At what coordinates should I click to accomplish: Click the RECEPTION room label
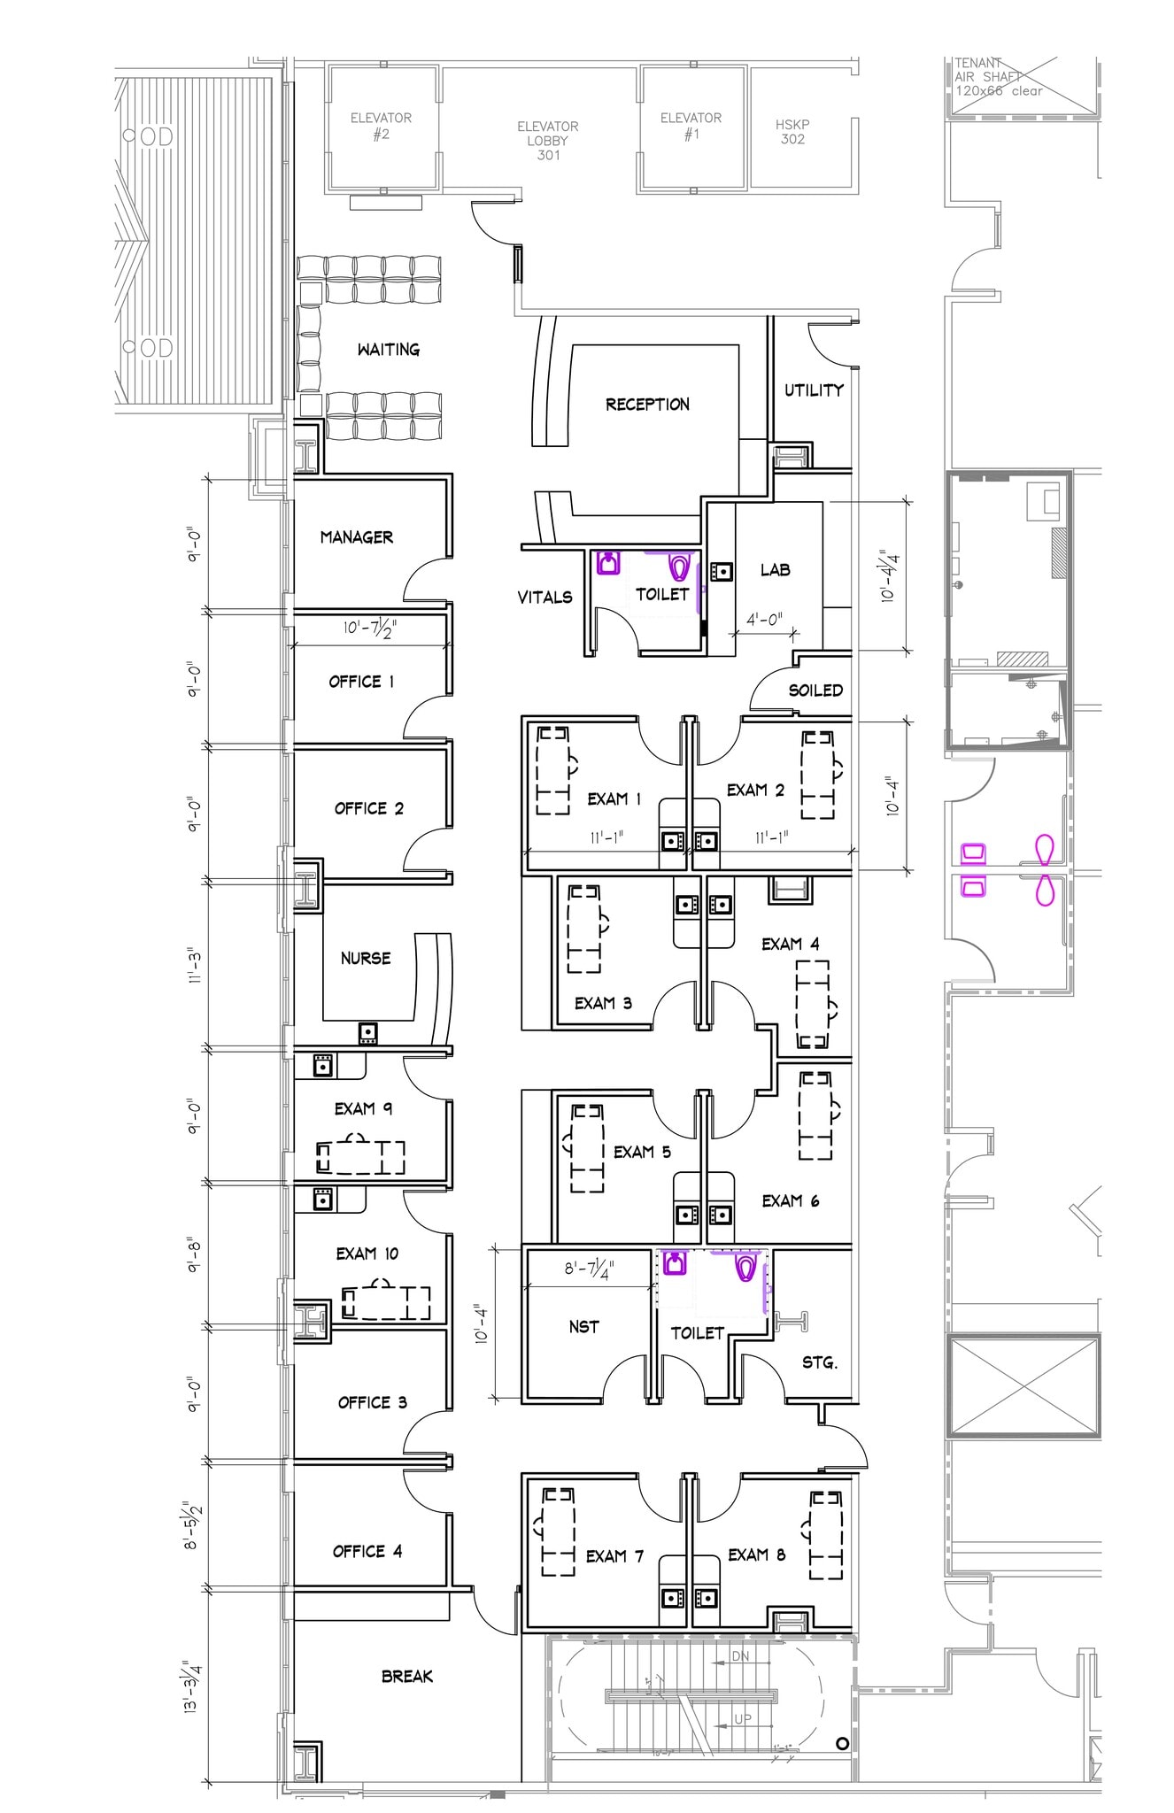[647, 405]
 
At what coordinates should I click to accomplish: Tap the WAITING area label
[388, 350]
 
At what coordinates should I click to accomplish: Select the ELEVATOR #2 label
[381, 127]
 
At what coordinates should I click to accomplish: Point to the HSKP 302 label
[792, 132]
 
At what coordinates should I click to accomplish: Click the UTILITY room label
[814, 390]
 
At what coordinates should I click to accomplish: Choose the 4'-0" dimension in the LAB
[764, 620]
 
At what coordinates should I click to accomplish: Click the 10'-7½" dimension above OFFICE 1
[370, 629]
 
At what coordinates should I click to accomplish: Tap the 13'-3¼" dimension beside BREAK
[192, 1686]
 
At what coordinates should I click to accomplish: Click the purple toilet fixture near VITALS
[679, 565]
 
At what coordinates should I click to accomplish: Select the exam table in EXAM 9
[361, 1155]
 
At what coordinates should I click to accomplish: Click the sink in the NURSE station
[367, 1032]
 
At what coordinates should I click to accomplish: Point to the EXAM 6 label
[790, 1200]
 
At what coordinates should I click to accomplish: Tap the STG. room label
[819, 1362]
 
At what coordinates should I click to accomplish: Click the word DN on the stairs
[740, 1656]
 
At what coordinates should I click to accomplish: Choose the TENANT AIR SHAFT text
[998, 77]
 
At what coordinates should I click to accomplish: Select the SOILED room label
[815, 690]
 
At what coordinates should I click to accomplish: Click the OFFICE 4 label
[367, 1551]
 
